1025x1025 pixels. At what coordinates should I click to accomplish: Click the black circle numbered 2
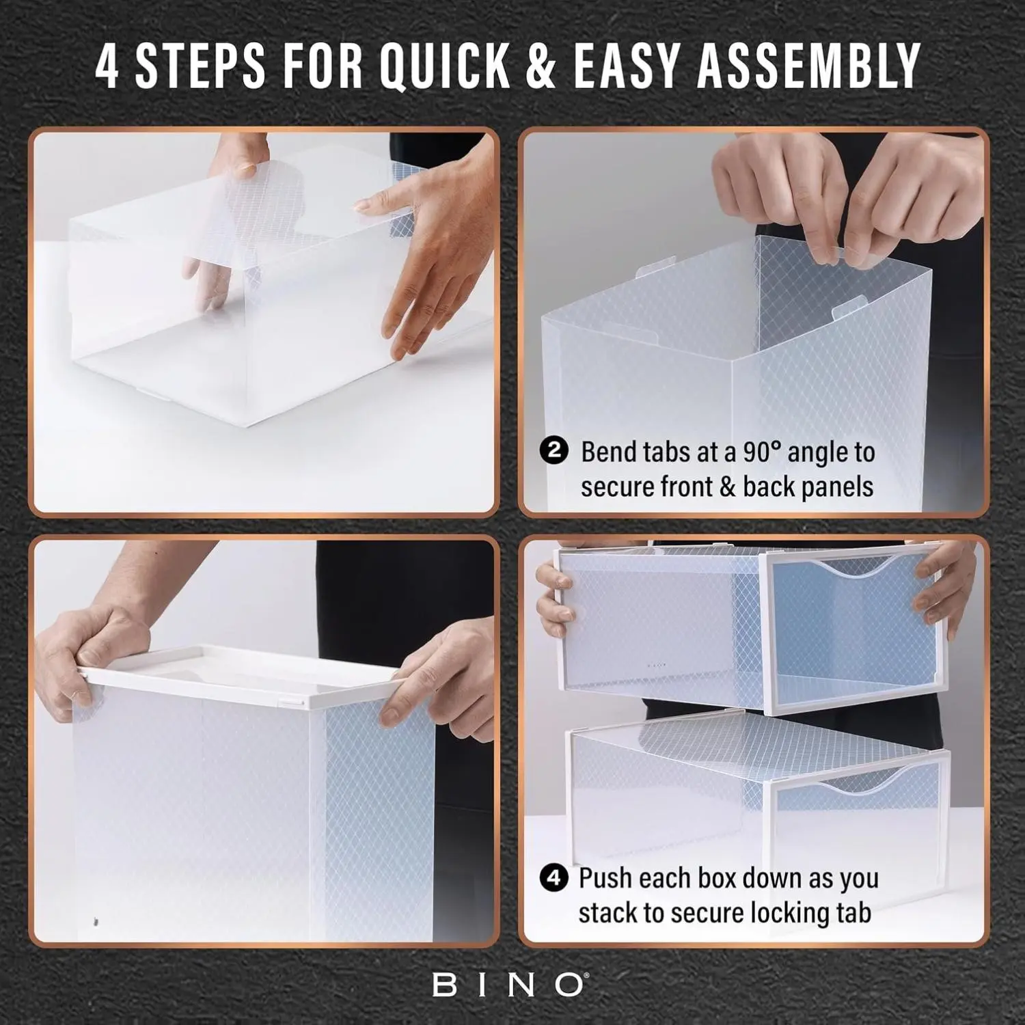[x=554, y=451]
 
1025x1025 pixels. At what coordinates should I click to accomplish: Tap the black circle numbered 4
[x=554, y=878]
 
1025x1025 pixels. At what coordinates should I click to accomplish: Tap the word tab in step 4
[x=851, y=913]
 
